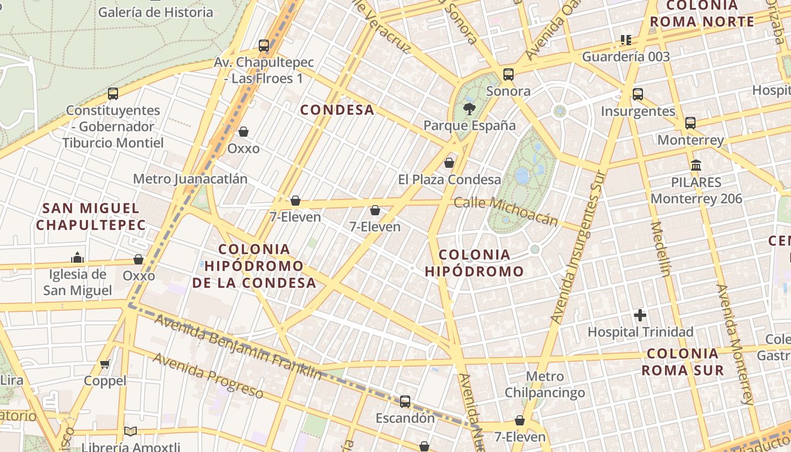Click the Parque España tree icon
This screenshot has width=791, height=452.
click(x=469, y=108)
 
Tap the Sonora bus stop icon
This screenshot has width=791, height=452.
click(x=508, y=74)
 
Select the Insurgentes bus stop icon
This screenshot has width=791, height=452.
click(x=638, y=94)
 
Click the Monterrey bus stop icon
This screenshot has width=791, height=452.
click(x=690, y=123)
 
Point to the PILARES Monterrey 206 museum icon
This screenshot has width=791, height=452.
click(x=696, y=166)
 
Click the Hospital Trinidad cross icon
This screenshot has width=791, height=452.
click(x=640, y=315)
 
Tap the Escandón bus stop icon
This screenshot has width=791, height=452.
click(x=405, y=402)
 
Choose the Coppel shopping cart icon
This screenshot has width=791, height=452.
click(x=105, y=364)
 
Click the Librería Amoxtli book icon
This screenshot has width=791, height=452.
click(x=131, y=431)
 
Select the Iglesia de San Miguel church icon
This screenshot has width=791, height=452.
click(x=77, y=258)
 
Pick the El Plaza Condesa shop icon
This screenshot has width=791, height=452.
click(x=449, y=163)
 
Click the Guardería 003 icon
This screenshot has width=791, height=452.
click(x=625, y=40)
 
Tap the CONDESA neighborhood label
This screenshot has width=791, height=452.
click(x=337, y=110)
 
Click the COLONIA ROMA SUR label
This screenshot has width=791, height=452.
click(x=683, y=362)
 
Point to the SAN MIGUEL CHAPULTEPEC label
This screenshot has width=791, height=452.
click(x=90, y=216)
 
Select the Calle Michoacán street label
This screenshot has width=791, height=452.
click(x=506, y=211)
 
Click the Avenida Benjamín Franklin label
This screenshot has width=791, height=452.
click(x=238, y=347)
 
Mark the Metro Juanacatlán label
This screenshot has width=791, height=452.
click(x=190, y=179)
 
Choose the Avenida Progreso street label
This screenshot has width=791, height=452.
click(x=207, y=376)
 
